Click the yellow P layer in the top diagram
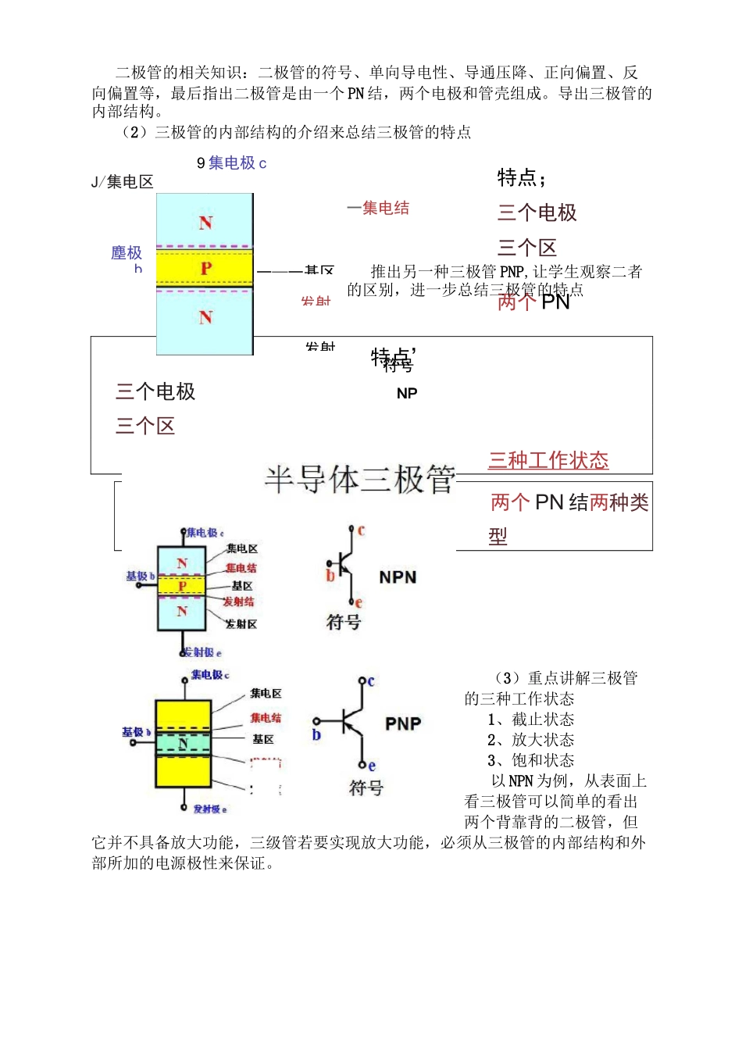(205, 268)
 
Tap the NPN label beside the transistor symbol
(398, 577)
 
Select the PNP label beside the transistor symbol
(403, 724)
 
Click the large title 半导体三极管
(359, 479)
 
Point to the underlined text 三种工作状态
(548, 460)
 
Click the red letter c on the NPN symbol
(361, 531)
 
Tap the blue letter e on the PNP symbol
(372, 766)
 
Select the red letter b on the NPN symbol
(330, 576)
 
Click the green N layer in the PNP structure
(184, 743)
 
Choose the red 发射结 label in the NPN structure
(238, 602)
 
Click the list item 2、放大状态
(530, 740)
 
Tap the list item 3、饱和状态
(530, 760)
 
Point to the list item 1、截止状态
(530, 720)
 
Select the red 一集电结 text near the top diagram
(378, 208)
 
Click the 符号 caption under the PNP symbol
(366, 787)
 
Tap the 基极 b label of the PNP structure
(136, 732)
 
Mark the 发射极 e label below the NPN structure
(202, 652)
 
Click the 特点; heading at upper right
(522, 178)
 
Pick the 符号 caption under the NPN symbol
(343, 622)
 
